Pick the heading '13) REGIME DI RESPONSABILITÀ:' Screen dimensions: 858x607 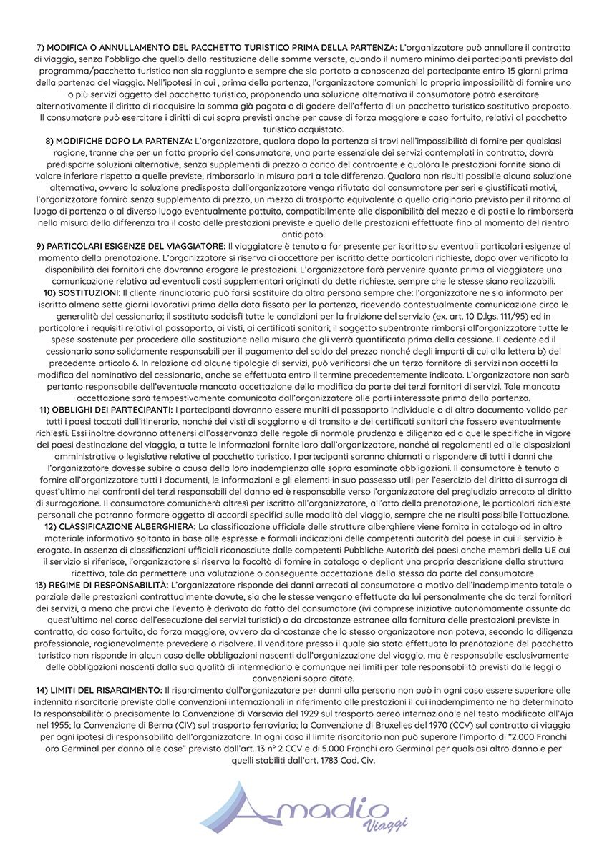tap(102, 585)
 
